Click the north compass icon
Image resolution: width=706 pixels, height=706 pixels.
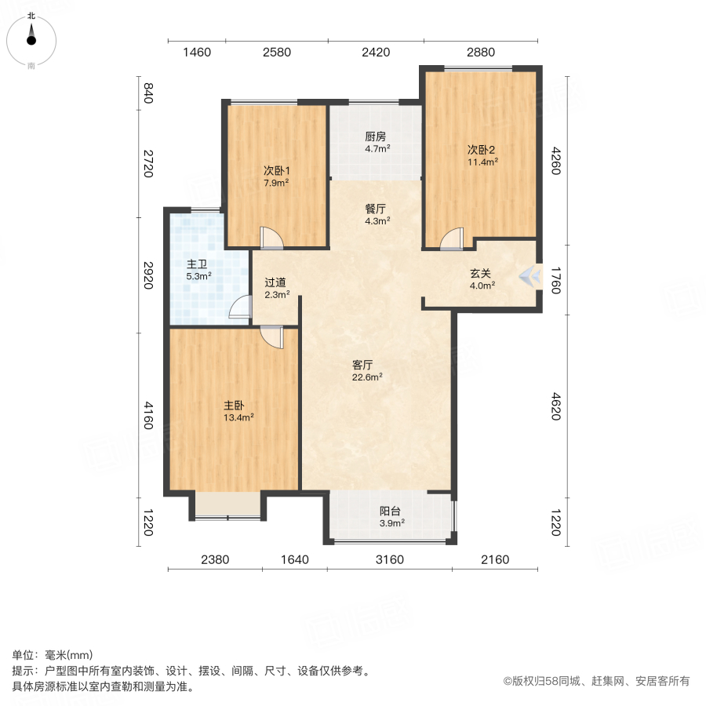coord(31,39)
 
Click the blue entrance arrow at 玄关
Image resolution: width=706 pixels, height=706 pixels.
coord(532,275)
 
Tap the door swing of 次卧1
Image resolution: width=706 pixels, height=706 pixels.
coord(269,236)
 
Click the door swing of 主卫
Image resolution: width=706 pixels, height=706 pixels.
coord(238,311)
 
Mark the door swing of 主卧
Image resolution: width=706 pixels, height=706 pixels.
coord(271,337)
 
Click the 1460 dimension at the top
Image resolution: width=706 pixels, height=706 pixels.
coord(197,53)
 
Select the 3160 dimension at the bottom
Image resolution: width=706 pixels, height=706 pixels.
coord(389,559)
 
